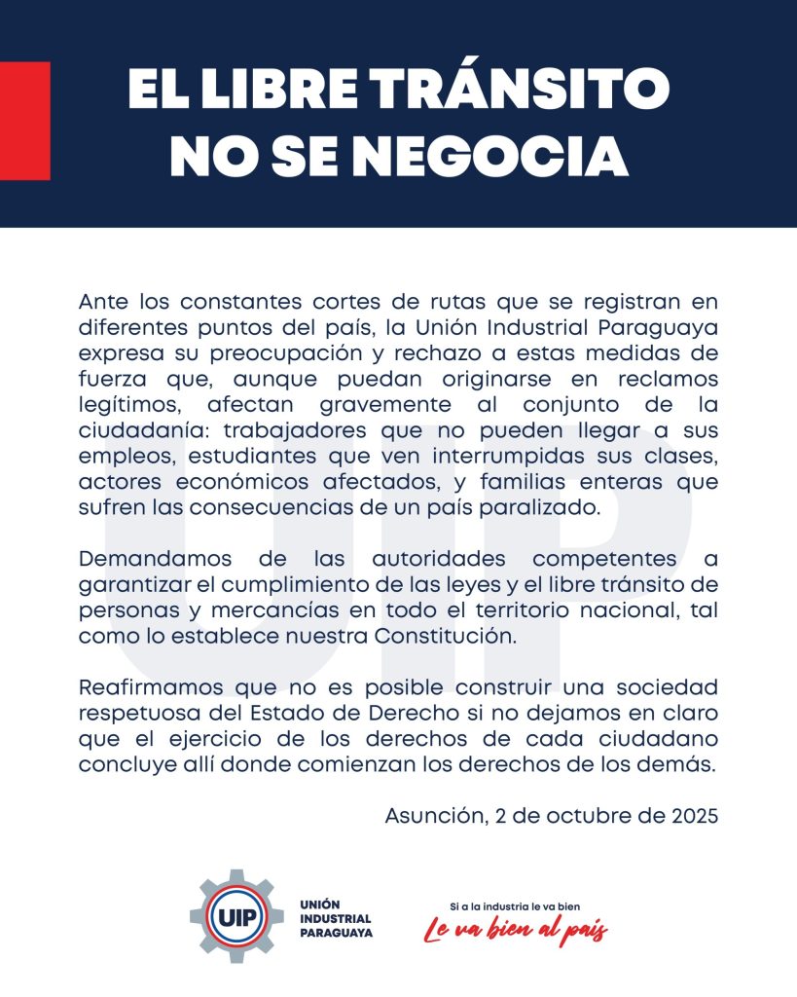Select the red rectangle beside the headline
click(x=25, y=121)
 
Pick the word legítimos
click(x=123, y=401)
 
